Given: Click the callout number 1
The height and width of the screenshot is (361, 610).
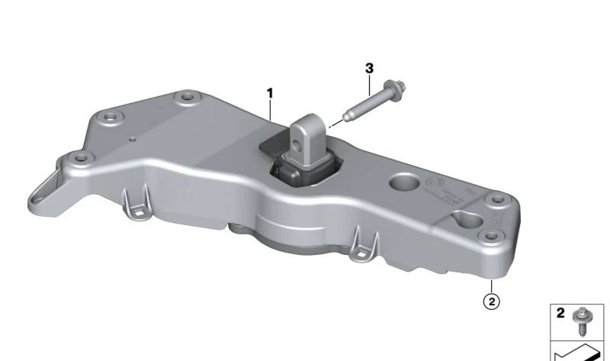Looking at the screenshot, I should click(x=269, y=93).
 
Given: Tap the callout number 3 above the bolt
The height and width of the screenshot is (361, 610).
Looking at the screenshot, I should click(x=369, y=69).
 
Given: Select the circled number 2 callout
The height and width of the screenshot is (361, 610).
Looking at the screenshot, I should click(x=492, y=301).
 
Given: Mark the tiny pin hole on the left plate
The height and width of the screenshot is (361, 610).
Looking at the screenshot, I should click(x=133, y=140).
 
